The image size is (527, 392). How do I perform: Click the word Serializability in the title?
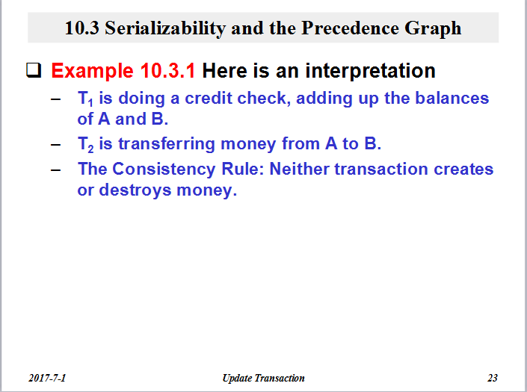tap(165, 28)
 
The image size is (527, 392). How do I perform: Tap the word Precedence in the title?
tap(350, 28)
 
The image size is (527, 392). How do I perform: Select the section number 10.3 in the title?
tap(81, 28)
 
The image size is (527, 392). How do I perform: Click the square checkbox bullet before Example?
tap(34, 70)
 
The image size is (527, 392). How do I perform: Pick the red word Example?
tap(93, 72)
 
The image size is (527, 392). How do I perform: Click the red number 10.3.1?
tap(167, 71)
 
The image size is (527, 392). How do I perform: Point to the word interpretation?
tap(370, 72)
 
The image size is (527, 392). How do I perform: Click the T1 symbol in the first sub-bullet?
tap(85, 99)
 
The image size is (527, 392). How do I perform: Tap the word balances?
tap(452, 98)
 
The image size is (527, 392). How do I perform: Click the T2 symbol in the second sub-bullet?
tap(86, 144)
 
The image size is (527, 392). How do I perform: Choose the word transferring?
tap(167, 144)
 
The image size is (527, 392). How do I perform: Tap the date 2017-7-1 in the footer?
tap(47, 379)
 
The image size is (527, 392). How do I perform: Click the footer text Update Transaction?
tap(263, 379)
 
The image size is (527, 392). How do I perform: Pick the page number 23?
tap(493, 379)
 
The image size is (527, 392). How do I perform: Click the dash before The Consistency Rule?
tap(56, 169)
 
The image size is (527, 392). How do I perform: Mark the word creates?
tap(463, 169)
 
